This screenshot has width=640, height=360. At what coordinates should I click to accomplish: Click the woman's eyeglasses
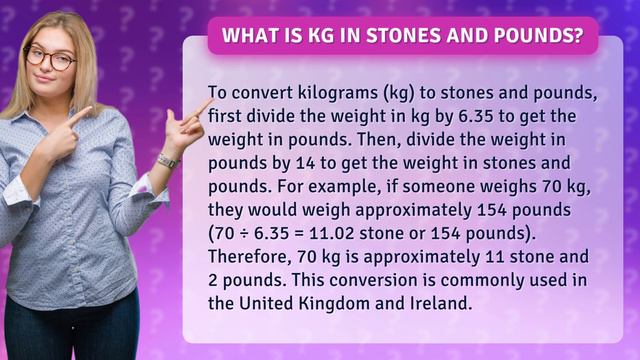click(x=50, y=58)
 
